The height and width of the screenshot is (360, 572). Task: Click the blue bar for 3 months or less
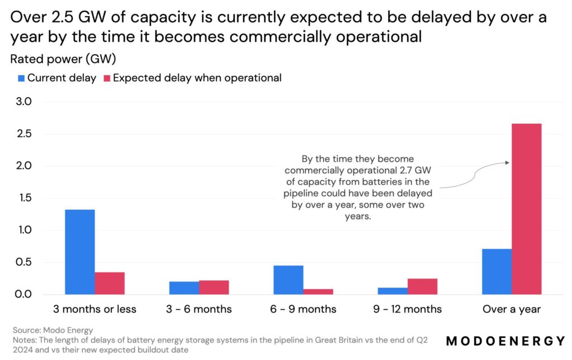(x=80, y=252)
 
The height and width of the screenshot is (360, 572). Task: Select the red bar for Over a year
(x=526, y=209)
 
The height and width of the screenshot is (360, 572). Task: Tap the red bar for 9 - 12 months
(x=422, y=286)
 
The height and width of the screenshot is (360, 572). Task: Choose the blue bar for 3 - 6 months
(x=184, y=287)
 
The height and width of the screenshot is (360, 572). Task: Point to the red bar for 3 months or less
(x=109, y=283)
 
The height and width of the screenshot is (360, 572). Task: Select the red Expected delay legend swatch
(x=107, y=78)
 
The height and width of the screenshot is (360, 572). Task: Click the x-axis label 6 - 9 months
(x=303, y=309)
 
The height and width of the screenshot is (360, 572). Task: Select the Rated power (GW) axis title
(x=63, y=59)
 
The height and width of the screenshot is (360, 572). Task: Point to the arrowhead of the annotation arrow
(x=508, y=163)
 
